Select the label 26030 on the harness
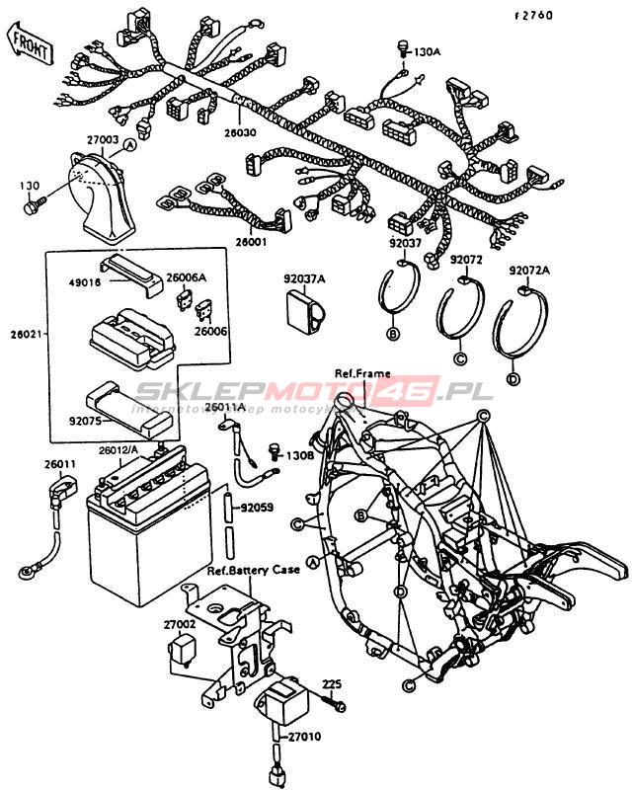click(x=239, y=131)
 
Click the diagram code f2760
click(x=532, y=15)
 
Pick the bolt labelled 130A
click(x=403, y=46)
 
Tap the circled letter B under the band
click(x=393, y=336)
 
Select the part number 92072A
click(x=529, y=271)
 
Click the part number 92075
click(x=87, y=418)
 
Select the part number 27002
click(x=180, y=624)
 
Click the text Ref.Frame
click(x=361, y=374)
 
